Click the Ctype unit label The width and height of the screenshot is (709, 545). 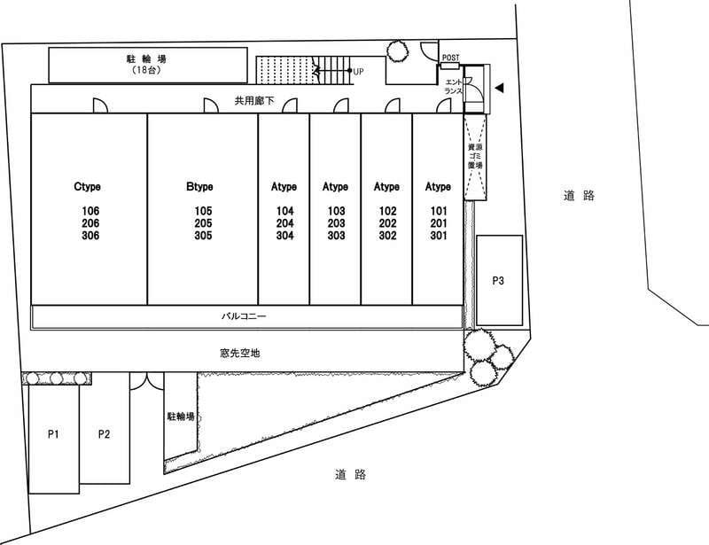[x=89, y=187]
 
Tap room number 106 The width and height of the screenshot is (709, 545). [x=90, y=211]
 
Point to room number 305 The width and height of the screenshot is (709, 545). [x=203, y=236]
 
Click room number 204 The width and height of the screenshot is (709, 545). [x=284, y=223]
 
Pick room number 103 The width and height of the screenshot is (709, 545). [x=336, y=211]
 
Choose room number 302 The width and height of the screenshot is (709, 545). [x=387, y=236]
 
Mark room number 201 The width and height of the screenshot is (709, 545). [x=439, y=223]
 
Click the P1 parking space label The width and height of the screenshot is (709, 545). [x=53, y=434]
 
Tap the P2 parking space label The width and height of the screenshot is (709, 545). [x=105, y=434]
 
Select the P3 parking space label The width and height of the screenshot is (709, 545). [x=499, y=281]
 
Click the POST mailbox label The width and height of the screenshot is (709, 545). [x=450, y=58]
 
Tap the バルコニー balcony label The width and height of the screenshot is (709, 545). [x=245, y=315]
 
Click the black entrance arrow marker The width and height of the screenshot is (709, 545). [x=499, y=88]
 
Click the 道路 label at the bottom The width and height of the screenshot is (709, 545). [x=351, y=475]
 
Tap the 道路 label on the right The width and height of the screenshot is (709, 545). [x=578, y=195]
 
